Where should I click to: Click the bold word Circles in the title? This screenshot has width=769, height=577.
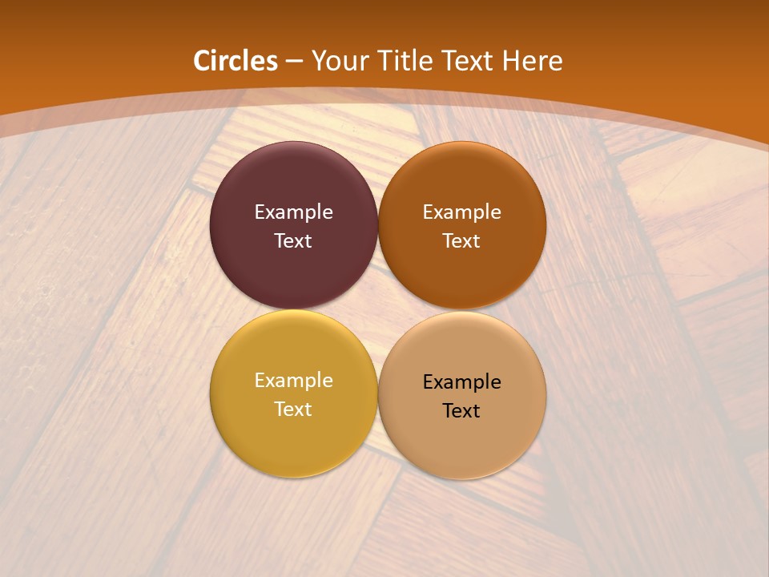click(x=236, y=61)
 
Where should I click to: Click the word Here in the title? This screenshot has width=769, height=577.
click(x=533, y=61)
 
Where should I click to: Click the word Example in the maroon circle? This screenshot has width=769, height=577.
click(x=293, y=212)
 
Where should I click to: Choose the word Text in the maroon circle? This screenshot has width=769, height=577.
click(x=293, y=241)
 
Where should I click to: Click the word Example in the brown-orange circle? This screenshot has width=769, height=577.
click(x=461, y=212)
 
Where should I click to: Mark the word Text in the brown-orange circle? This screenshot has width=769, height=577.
click(x=461, y=241)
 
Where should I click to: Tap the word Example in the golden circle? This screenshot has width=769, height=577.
click(x=293, y=381)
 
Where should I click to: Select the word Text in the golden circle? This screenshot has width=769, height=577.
click(x=293, y=410)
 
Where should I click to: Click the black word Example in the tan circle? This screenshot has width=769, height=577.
click(x=461, y=382)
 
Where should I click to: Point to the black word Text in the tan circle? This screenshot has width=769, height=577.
click(x=461, y=411)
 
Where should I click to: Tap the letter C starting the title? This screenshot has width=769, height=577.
click(x=202, y=61)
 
